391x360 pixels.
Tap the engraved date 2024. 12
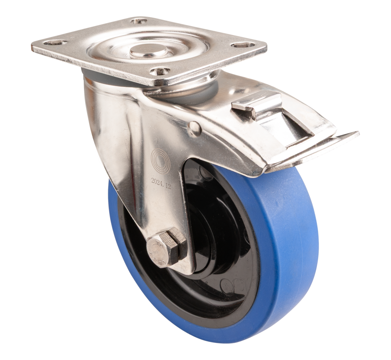coord(161,180)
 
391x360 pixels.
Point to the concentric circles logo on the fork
coord(160,161)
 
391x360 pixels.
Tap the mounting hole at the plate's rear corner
coord(139,20)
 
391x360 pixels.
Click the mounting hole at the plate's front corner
coord(160,71)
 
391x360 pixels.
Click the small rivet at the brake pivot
coord(195,129)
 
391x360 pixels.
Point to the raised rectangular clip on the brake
coord(257,104)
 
